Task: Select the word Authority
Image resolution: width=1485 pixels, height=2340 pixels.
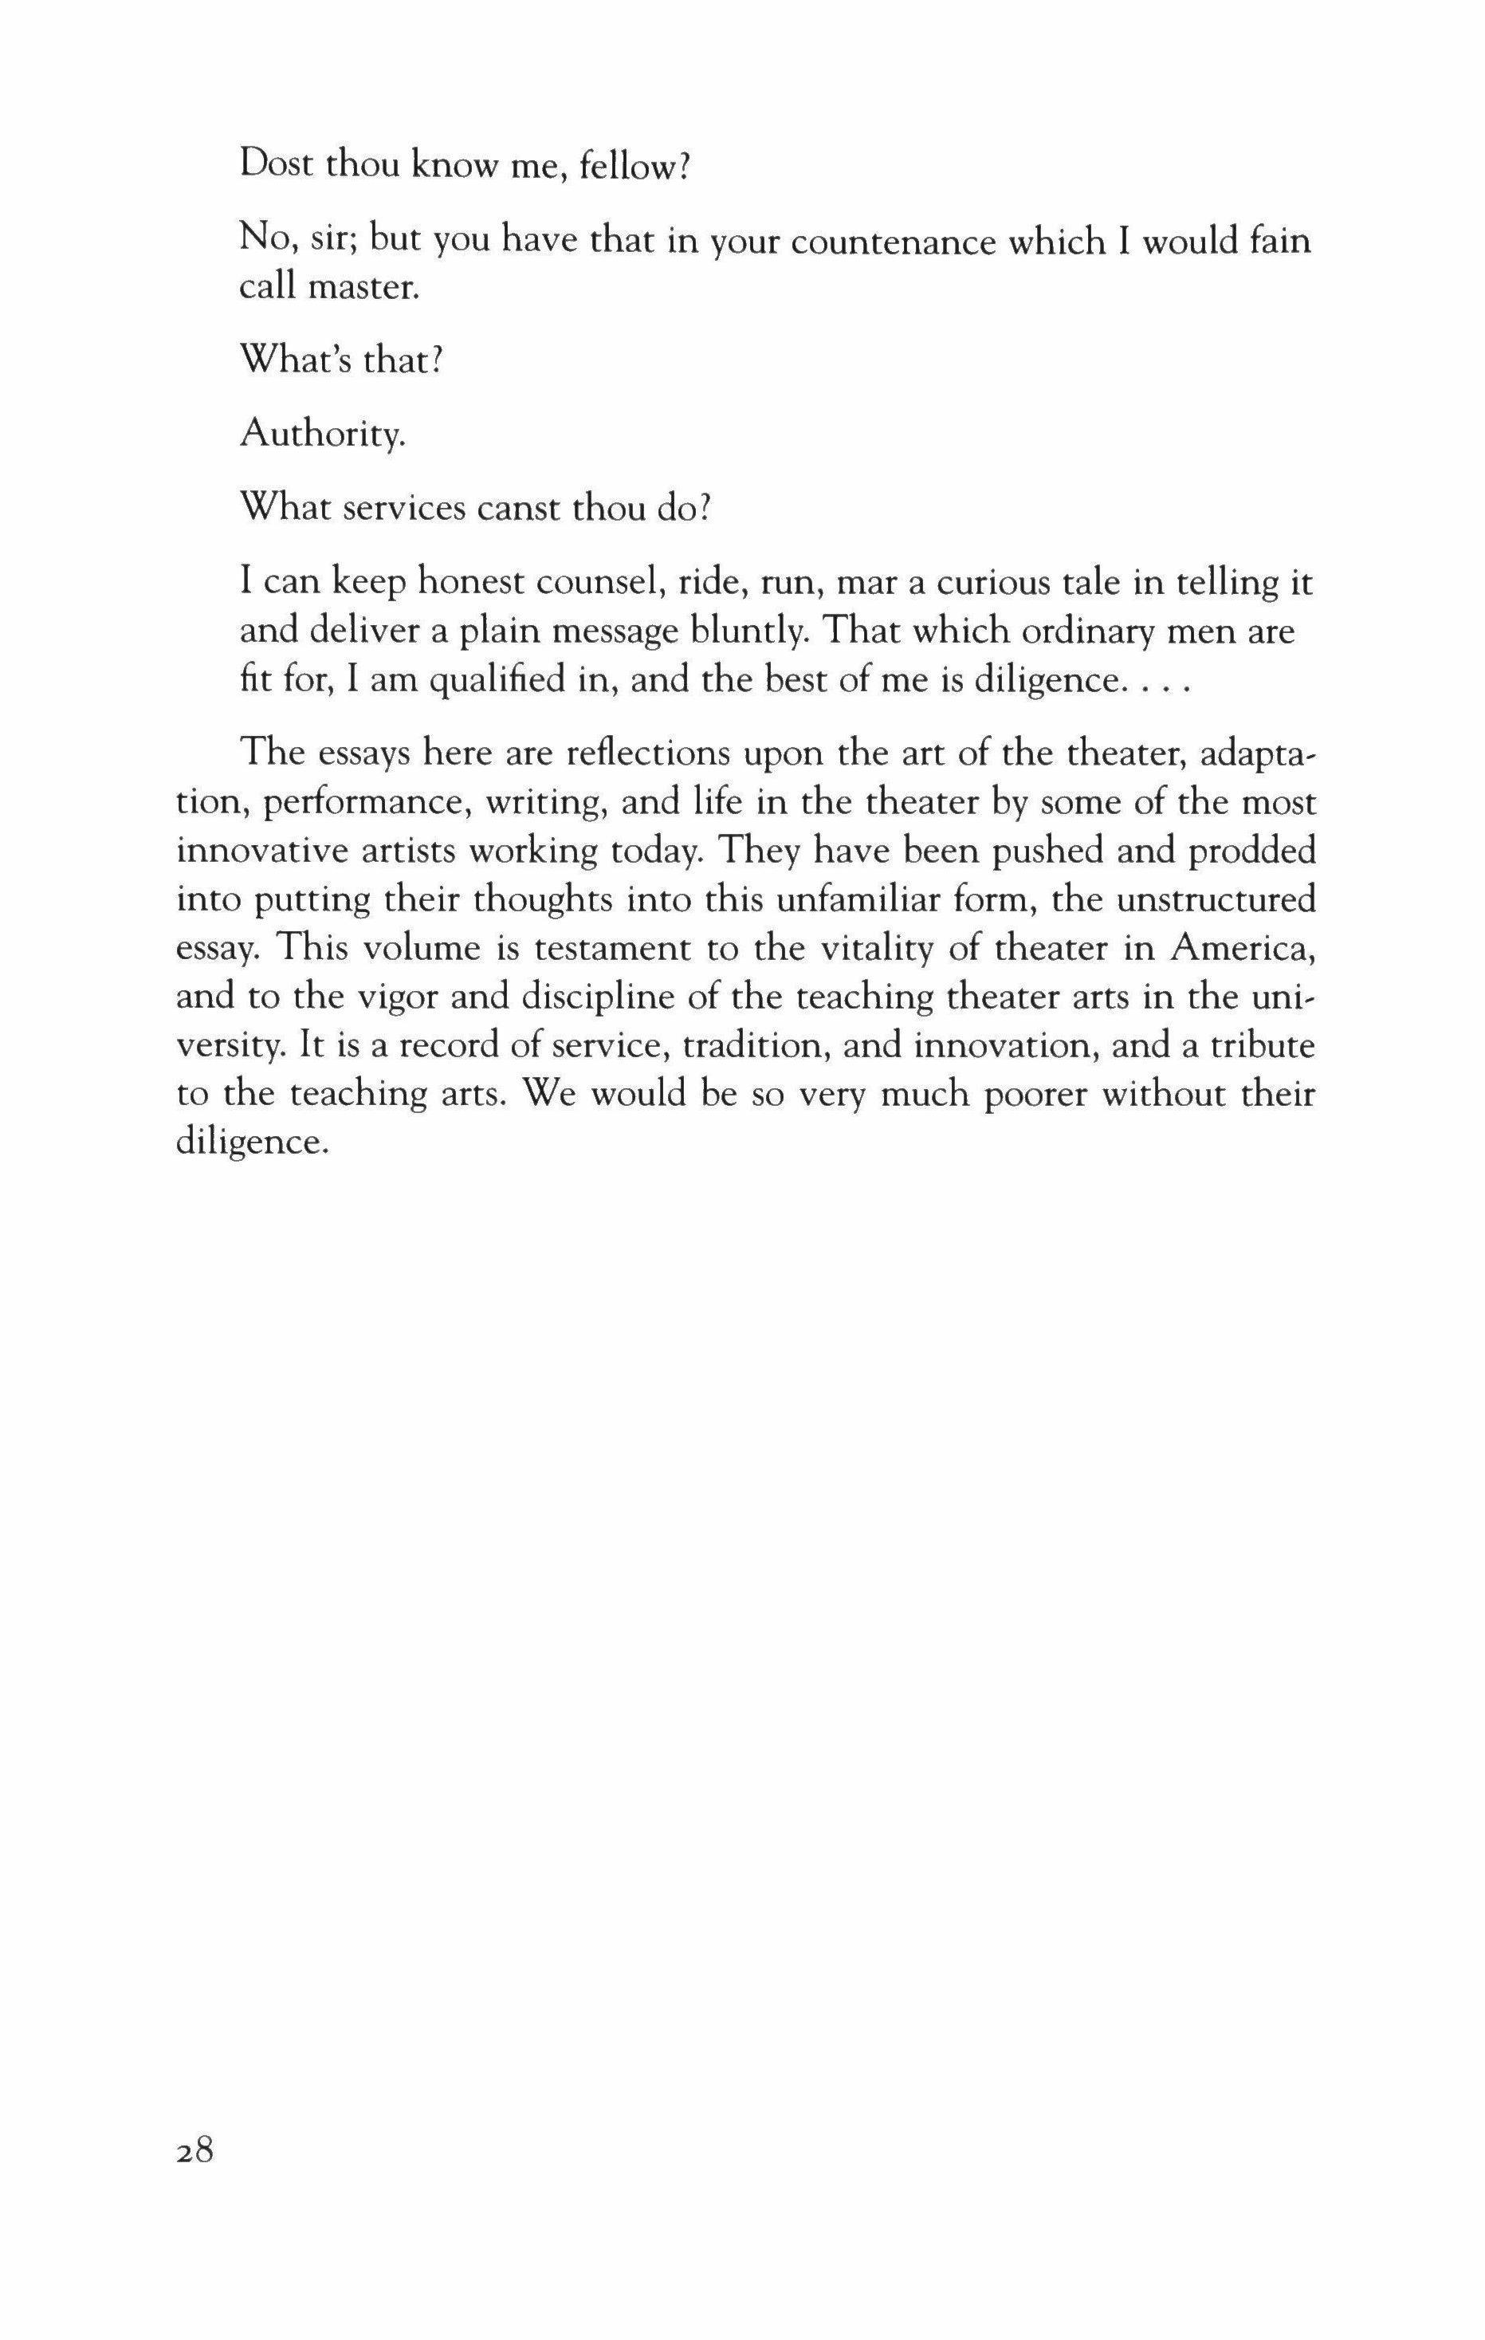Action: coord(322,434)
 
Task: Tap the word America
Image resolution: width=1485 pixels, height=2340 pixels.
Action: coord(1243,949)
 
